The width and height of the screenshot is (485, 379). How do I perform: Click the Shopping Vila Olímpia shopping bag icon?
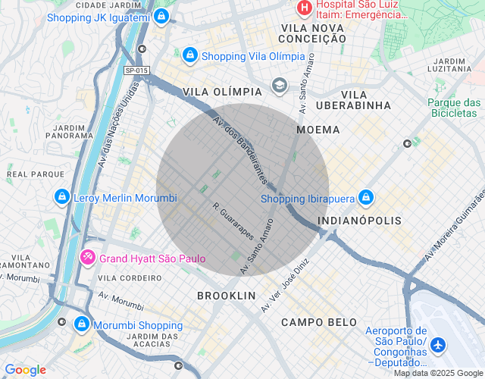point(189,56)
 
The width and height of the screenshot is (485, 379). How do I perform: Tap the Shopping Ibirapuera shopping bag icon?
point(366,198)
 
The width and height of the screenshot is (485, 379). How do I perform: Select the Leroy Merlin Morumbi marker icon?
point(61,198)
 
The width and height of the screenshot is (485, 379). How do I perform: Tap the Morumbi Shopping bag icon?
point(81,325)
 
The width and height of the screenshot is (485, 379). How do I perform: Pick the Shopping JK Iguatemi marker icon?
point(162,16)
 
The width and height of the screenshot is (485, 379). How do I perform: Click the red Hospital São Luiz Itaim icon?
point(304,9)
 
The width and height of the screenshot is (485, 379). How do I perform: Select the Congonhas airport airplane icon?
point(438,344)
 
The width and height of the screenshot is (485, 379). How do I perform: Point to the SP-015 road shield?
point(136,70)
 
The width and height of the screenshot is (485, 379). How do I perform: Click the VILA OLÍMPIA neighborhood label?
point(222,91)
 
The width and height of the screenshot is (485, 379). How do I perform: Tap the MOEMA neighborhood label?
point(318,130)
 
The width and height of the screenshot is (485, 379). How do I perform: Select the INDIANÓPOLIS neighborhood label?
point(360,221)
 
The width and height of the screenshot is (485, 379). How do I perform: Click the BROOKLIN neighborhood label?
point(226,295)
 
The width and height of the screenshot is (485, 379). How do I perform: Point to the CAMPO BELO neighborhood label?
point(318,322)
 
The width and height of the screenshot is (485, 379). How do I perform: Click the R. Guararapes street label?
point(233,221)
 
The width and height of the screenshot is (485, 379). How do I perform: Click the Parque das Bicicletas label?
point(454,108)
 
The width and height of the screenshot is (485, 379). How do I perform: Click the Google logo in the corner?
point(25,370)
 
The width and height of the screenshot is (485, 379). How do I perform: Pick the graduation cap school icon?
point(280,85)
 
